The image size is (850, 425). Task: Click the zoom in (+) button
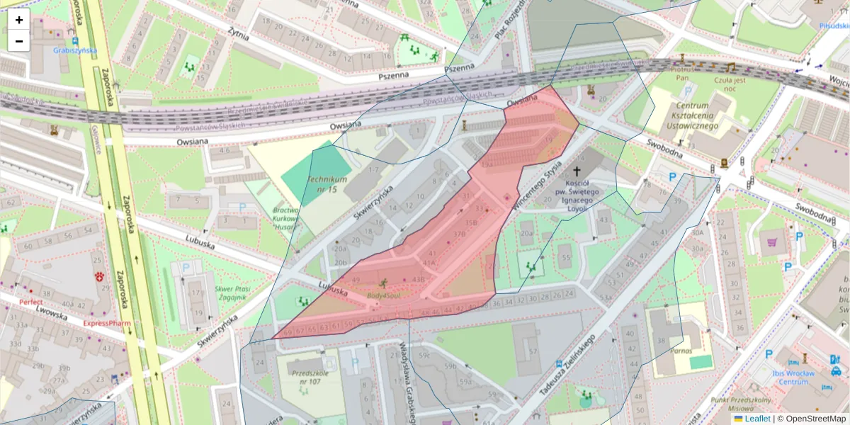19,20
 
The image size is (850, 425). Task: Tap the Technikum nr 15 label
327,184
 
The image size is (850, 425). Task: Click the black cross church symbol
577,171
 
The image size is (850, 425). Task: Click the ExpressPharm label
107,323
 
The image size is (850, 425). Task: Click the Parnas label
682,351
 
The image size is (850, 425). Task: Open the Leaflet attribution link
756,419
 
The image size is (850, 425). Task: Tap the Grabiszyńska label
74,50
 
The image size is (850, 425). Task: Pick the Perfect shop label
31,302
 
